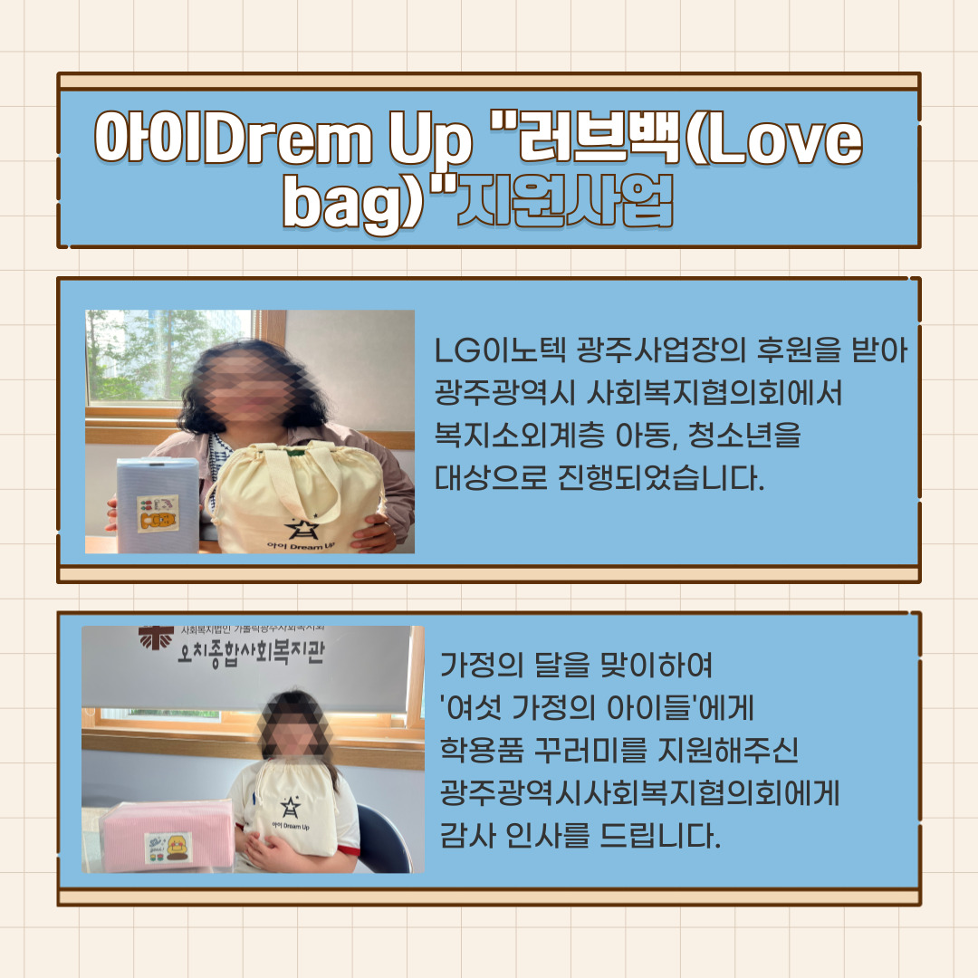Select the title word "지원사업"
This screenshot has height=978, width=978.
(565, 201)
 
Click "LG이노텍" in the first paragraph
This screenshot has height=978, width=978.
(500, 351)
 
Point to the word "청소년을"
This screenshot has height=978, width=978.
(744, 436)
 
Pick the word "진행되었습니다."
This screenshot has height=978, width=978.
(660, 478)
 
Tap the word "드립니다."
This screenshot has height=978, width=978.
(660, 835)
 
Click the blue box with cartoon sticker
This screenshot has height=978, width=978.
(158, 506)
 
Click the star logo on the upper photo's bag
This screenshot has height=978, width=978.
(302, 528)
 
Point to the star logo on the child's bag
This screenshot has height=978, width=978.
(290, 807)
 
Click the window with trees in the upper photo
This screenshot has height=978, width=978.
(168, 356)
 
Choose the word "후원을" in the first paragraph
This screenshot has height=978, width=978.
(797, 351)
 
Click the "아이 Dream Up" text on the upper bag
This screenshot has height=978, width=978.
(301, 546)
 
